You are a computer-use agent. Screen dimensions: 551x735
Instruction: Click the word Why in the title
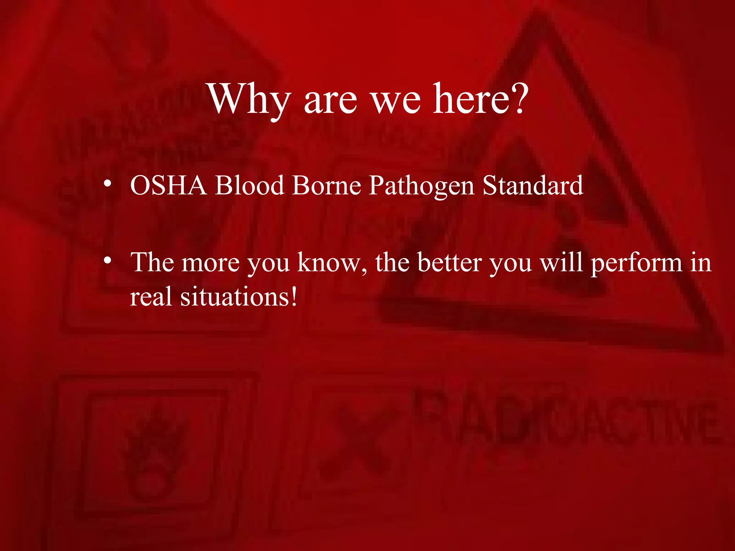click(x=249, y=99)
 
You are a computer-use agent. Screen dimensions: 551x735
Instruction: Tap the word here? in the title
click(x=481, y=98)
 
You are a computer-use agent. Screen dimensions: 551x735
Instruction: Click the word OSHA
click(x=168, y=185)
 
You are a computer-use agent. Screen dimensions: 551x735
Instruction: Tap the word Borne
click(x=326, y=185)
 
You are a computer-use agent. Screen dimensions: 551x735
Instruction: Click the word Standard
click(x=533, y=185)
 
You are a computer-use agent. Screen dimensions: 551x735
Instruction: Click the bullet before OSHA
click(x=107, y=184)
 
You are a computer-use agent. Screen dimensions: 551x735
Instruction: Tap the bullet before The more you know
click(x=107, y=260)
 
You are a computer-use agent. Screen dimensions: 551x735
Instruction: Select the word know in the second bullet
click(x=332, y=263)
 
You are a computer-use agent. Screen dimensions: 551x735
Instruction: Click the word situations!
click(x=239, y=297)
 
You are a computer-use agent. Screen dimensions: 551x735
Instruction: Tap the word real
click(x=151, y=297)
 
